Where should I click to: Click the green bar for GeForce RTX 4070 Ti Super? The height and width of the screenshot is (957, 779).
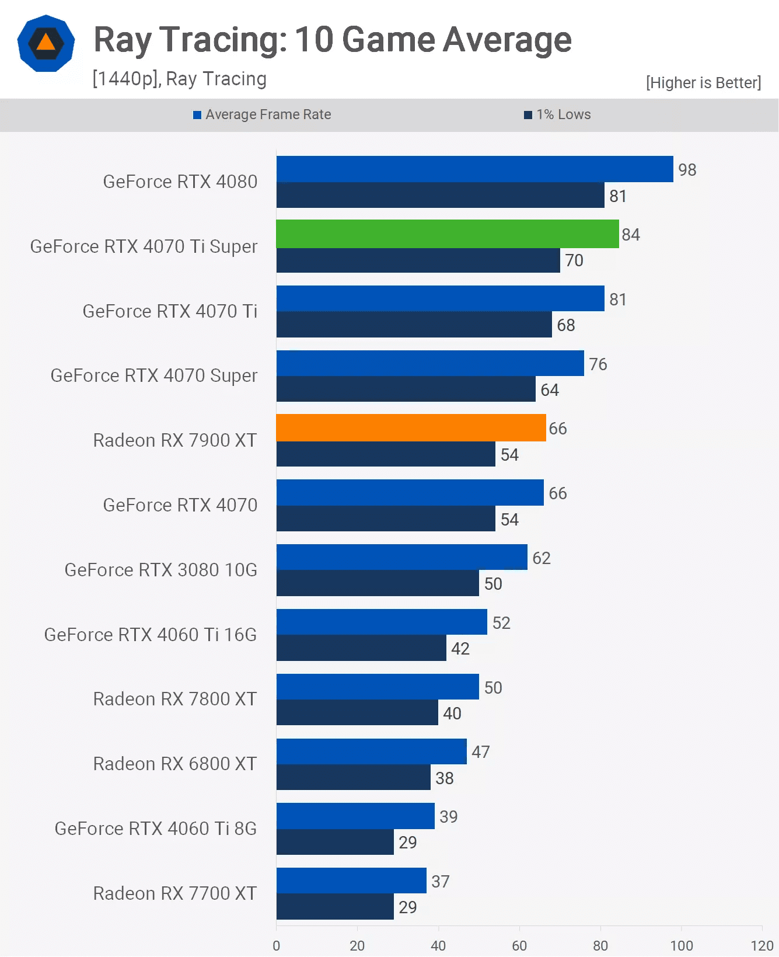point(447,234)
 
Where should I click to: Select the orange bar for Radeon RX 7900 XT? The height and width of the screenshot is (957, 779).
point(411,427)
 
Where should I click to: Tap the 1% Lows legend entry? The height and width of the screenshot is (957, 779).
point(558,114)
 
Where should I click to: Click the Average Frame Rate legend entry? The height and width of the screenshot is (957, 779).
point(263,114)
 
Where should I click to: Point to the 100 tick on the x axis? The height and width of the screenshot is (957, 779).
point(681,945)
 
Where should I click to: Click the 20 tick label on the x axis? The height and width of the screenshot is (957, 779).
point(357,945)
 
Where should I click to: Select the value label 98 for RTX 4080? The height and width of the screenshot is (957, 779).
point(687,170)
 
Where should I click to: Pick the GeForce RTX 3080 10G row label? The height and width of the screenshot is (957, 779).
point(160,570)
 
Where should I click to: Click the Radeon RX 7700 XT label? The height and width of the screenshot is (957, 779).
point(174,893)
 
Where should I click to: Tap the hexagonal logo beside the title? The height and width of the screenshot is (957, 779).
point(46,43)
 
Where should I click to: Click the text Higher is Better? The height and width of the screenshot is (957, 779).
point(703,83)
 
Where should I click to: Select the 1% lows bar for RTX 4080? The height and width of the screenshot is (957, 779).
point(440,195)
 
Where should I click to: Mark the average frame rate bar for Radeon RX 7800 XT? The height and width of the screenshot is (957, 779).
point(378,687)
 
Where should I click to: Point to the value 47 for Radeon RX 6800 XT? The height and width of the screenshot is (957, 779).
point(480,752)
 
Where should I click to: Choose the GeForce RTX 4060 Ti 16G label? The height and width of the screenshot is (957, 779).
point(150,635)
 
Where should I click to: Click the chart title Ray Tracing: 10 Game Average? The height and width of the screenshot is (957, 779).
point(333,40)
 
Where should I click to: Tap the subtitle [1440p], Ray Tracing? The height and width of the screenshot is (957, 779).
point(179,79)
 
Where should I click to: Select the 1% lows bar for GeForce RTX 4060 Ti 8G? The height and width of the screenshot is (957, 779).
point(335,842)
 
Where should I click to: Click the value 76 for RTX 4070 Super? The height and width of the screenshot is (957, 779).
point(598,364)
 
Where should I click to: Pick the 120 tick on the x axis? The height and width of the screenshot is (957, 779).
point(761,945)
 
